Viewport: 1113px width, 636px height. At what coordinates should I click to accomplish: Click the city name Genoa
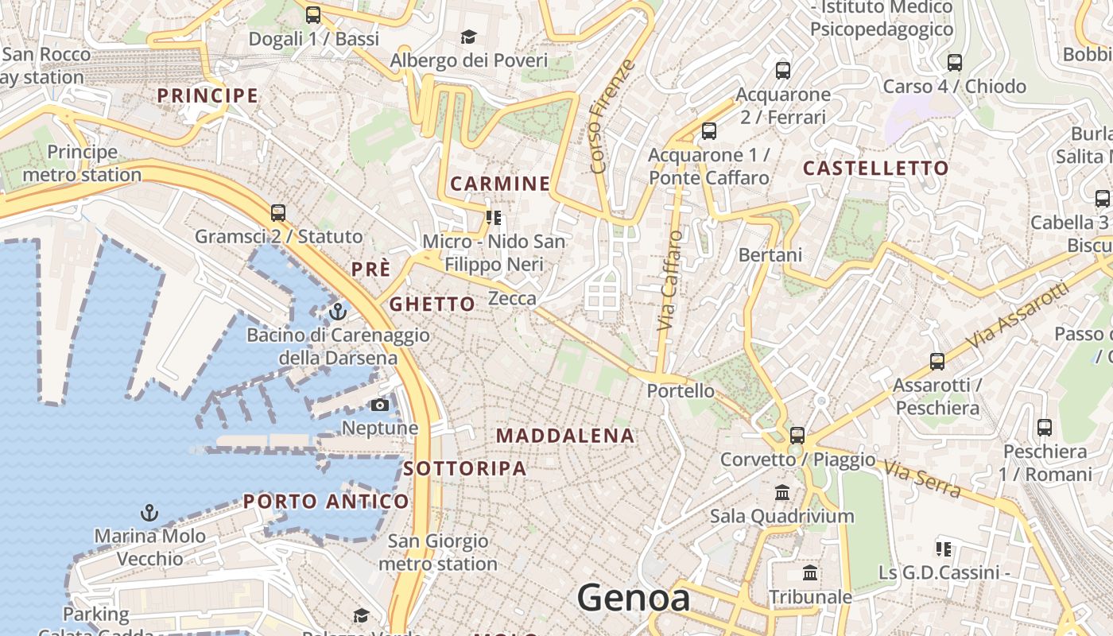[x=634, y=598]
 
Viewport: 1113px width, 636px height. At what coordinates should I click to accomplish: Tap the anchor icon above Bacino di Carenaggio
[x=338, y=312]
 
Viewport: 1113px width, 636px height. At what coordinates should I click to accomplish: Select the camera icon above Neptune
[x=380, y=405]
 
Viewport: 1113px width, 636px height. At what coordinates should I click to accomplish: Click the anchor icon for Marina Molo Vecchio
[x=149, y=513]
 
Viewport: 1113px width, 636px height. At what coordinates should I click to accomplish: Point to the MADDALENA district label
[x=565, y=436]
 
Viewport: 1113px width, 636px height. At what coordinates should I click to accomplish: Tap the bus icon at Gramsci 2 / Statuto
[x=277, y=213]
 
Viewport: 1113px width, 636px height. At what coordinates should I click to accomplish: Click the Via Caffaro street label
[x=670, y=281]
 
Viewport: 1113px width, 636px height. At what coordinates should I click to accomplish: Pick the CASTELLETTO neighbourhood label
[x=875, y=169]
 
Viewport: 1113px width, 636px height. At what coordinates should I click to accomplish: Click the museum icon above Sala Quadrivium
[x=782, y=493]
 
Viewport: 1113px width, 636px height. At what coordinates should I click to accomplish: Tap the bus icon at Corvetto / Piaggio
[x=797, y=436]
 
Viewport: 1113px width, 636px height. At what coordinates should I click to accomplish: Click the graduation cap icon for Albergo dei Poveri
[x=468, y=37]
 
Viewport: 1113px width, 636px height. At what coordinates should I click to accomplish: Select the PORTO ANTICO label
[x=326, y=502]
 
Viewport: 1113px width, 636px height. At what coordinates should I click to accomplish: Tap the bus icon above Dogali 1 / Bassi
[x=313, y=14]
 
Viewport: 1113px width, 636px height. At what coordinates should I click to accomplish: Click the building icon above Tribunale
[x=810, y=573]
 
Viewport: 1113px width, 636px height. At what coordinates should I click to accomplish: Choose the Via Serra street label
[x=922, y=479]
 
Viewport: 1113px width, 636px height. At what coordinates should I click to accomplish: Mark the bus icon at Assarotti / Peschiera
[x=937, y=362]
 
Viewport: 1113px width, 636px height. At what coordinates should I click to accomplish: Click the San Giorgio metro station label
[x=438, y=553]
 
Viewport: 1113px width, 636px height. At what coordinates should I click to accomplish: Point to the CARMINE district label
[x=500, y=184]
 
